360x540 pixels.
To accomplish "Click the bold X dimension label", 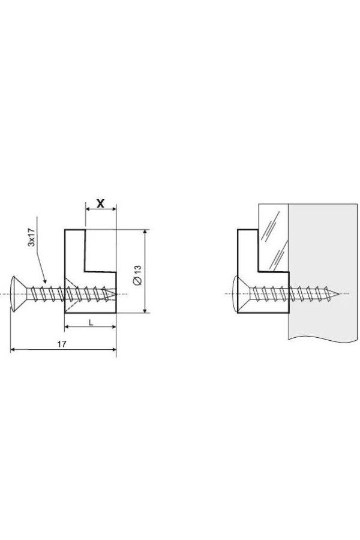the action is pyautogui.click(x=100, y=203).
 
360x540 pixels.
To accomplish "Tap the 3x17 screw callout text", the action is pyautogui.click(x=31, y=238).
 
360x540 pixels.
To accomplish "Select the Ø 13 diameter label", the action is pyautogui.click(x=137, y=275).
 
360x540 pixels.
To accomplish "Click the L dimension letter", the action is pyautogui.click(x=91, y=322).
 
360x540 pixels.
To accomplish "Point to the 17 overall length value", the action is pyautogui.click(x=62, y=344).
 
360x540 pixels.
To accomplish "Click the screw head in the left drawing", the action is pyautogui.click(x=18, y=294).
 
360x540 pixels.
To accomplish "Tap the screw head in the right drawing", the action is pyautogui.click(x=241, y=294).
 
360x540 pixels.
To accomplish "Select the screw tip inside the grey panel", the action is pyautogui.click(x=335, y=294).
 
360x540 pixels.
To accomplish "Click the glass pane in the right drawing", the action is pyautogui.click(x=273, y=237).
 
